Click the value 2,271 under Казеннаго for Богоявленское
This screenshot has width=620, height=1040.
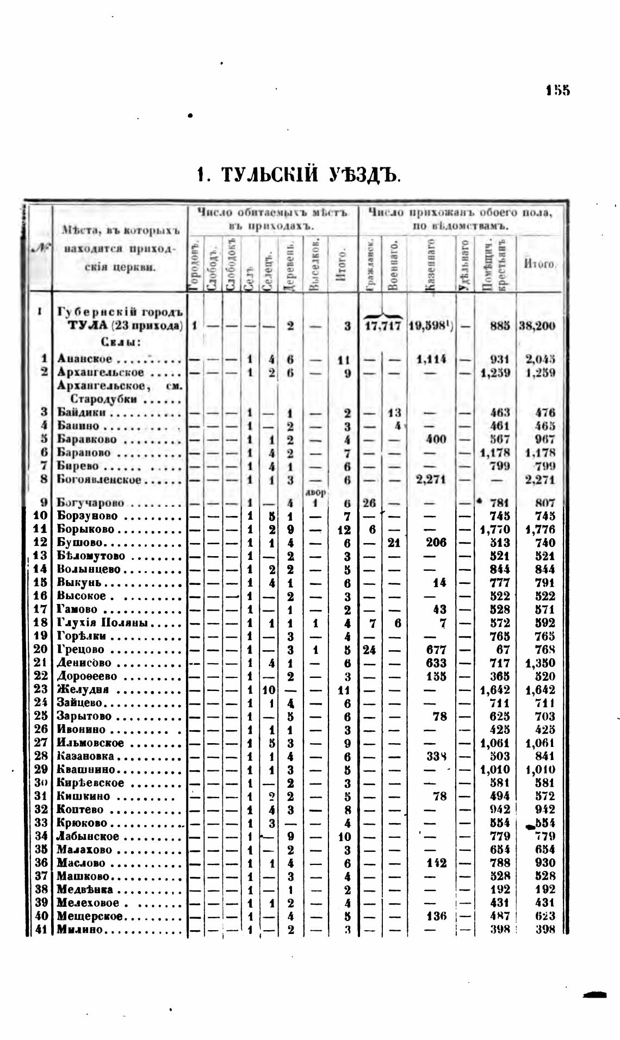coord(431,479)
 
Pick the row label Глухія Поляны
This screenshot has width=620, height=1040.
coord(98,623)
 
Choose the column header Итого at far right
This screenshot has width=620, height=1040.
coord(538,264)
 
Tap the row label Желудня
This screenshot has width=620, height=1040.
coord(83,690)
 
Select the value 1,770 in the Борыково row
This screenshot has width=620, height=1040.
coord(494,529)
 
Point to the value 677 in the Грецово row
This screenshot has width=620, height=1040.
coord(437,650)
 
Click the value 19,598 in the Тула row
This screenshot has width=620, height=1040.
coord(429,326)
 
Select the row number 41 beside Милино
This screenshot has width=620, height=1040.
coord(42,930)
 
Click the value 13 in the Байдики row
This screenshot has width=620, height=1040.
coord(395,412)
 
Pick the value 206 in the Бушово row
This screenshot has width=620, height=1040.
coord(437,543)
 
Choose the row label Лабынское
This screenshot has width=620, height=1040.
coord(88,836)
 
